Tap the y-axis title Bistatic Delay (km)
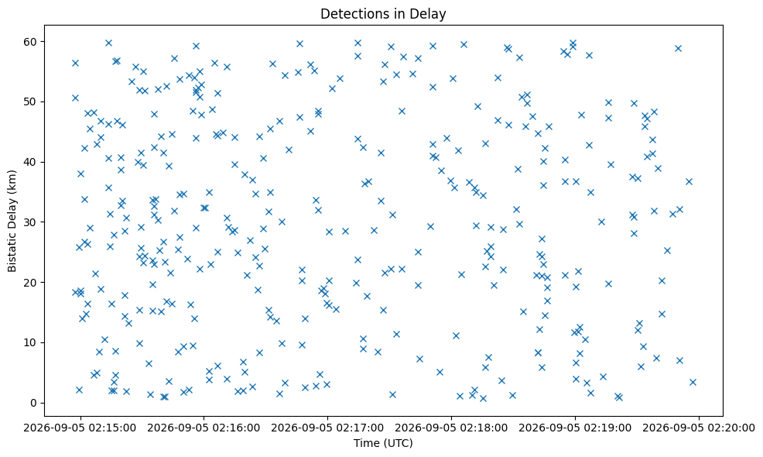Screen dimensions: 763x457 click(12, 222)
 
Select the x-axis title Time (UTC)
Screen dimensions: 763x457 click(383, 443)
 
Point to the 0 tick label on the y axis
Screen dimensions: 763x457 click(34, 403)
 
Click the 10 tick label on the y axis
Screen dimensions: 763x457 click(31, 343)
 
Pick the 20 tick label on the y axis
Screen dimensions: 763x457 click(31, 283)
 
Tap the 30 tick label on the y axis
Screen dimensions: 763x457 click(31, 222)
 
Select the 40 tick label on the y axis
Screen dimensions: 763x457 click(31, 162)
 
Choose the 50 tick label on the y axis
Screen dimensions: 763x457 click(31, 101)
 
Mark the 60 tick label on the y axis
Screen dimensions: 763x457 click(31, 42)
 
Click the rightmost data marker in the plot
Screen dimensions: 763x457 click(693, 383)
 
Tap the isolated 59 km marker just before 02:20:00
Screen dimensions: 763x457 click(678, 48)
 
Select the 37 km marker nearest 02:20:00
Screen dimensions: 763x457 click(689, 182)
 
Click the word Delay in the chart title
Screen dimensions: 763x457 click(430, 14)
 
